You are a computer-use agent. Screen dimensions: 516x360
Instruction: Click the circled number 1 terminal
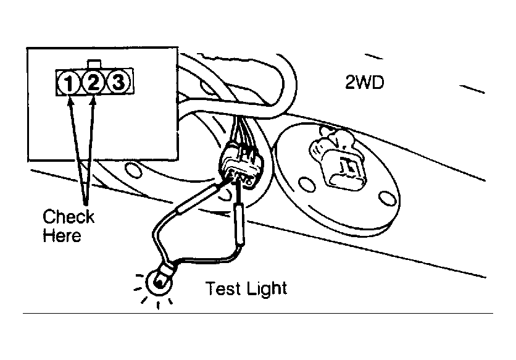(x=69, y=82)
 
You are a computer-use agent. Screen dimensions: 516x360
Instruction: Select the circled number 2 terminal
(x=93, y=82)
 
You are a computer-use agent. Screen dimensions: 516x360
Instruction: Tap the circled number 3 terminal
(x=118, y=82)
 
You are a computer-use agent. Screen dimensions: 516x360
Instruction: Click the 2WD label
(x=364, y=82)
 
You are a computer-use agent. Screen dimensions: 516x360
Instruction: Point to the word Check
(x=68, y=217)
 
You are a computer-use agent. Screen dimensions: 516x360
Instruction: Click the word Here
(x=62, y=235)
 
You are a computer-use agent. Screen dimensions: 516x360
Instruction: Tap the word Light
(x=267, y=289)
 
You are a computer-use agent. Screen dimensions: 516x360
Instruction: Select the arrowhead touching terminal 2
(x=93, y=99)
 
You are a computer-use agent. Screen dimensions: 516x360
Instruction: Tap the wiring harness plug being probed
(x=242, y=165)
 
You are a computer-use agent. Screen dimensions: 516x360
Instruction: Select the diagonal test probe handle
(x=197, y=200)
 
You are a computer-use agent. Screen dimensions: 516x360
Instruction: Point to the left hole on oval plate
(x=306, y=185)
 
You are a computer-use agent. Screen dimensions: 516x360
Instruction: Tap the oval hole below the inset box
(x=133, y=170)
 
